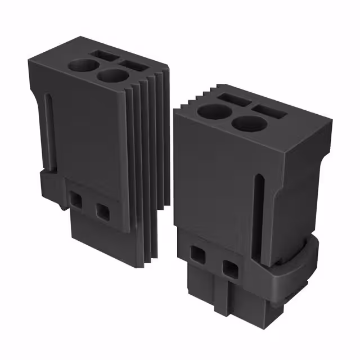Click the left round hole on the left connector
[81, 65]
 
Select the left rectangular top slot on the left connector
[105, 55]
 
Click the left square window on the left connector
[75, 198]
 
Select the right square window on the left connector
[102, 211]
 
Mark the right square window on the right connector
[229, 268]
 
